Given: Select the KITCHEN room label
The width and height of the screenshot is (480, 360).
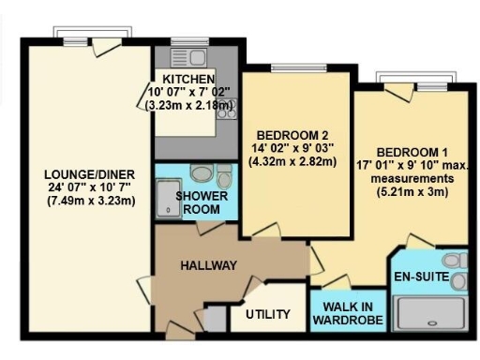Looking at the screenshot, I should pyautogui.click(x=188, y=78).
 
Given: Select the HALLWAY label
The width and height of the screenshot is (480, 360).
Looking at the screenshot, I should pyautogui.click(x=208, y=265).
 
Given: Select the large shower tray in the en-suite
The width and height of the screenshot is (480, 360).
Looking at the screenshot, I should pyautogui.click(x=432, y=313).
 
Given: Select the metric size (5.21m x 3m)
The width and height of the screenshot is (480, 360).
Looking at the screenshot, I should pyautogui.click(x=410, y=192).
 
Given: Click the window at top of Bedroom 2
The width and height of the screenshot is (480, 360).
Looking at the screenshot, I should pyautogui.click(x=286, y=67).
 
